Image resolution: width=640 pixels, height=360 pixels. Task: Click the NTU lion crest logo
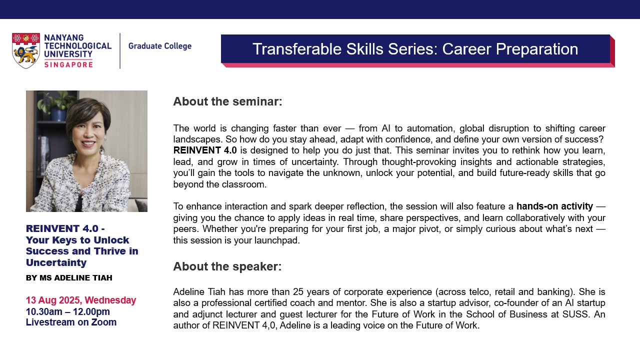pos(25,50)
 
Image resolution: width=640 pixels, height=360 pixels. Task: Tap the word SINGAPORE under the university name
pos(68,65)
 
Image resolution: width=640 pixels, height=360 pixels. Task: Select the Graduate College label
pos(159,46)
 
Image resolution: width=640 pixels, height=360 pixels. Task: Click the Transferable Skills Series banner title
pos(415,49)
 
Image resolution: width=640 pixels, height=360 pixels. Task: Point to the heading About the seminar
pos(227,101)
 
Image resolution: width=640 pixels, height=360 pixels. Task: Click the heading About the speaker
pos(227,266)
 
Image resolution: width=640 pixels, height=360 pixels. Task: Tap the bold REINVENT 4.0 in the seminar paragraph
pos(205,150)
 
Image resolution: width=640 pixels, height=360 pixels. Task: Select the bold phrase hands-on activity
pos(554,206)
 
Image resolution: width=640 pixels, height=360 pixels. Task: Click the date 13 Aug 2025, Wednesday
pos(81,300)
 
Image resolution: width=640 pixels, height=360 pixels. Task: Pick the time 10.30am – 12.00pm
pos(67,311)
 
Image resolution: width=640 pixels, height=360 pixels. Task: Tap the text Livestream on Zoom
pos(71,322)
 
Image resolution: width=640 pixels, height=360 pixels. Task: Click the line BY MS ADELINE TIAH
pos(69,277)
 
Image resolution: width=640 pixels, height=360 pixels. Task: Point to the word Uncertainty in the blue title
pos(56,262)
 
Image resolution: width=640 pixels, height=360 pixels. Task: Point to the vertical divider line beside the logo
pos(120,51)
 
